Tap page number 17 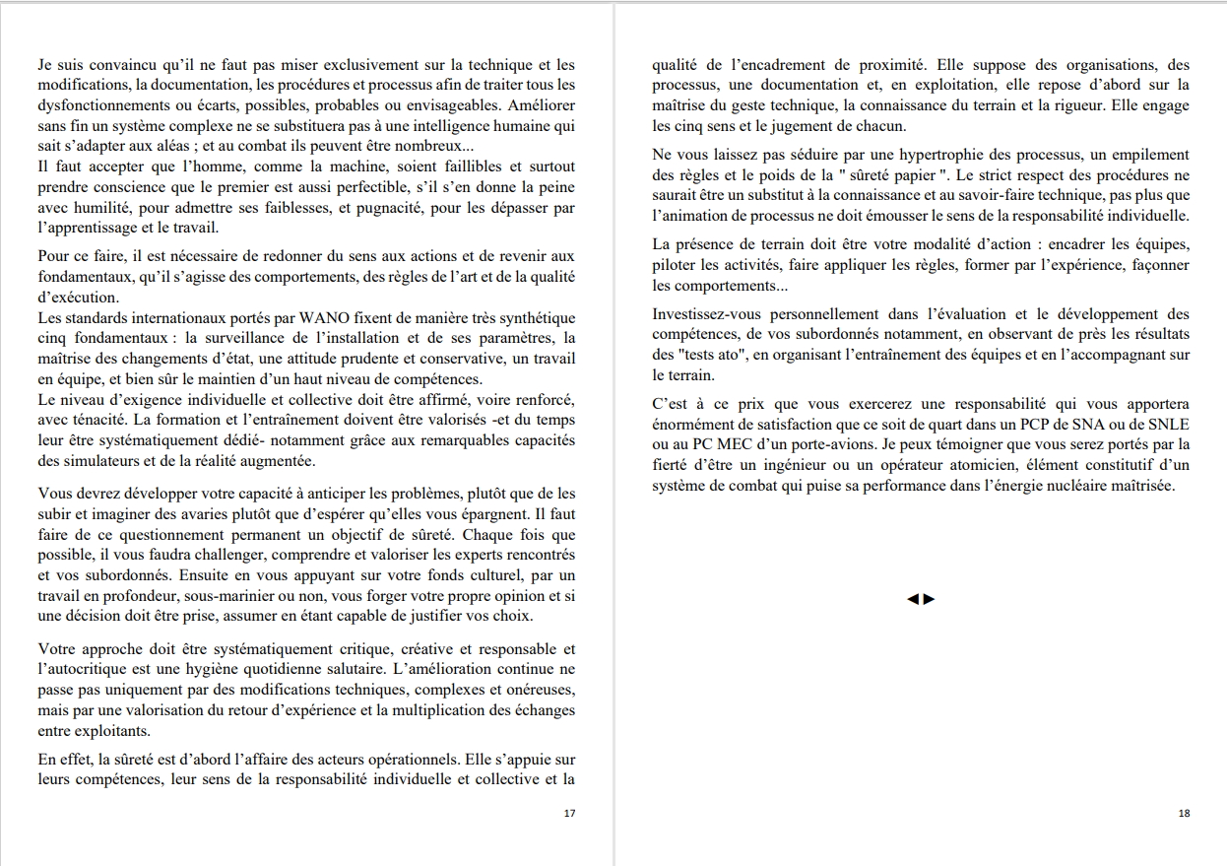pyautogui.click(x=569, y=813)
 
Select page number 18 pyautogui.click(x=1184, y=813)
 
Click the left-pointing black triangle pyautogui.click(x=913, y=599)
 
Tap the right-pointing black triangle pyautogui.click(x=929, y=599)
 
